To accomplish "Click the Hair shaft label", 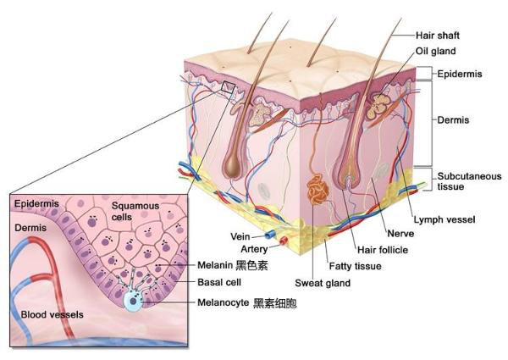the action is [438, 35].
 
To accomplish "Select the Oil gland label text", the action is [435, 51].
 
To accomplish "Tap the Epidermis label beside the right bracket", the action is [460, 74].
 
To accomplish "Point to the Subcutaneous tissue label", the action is [469, 181].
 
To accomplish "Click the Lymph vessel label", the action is [444, 219].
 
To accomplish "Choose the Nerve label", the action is [400, 234].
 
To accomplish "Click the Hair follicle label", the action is [383, 250].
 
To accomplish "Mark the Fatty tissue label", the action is [355, 266].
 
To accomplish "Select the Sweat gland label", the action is [323, 283].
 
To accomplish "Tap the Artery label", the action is [254, 249].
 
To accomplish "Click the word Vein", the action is [240, 236].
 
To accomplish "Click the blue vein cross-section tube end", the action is [269, 235].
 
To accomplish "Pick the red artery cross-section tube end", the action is [284, 241].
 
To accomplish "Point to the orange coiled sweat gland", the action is [317, 190].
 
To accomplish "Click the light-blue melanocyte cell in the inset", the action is [134, 301].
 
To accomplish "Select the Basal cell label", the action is [219, 282].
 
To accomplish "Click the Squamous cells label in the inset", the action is [135, 211].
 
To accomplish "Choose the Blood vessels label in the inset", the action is [52, 314].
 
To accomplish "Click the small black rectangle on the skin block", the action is [228, 87].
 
